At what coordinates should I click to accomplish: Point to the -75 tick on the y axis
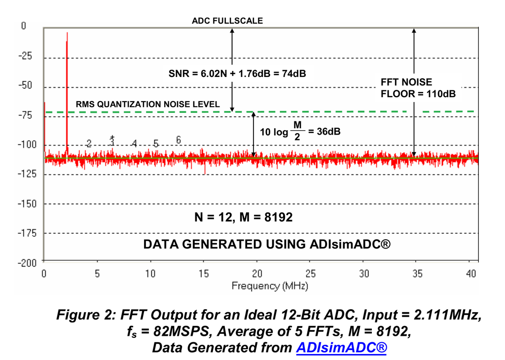[x=25, y=115]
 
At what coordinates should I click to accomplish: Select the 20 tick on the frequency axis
[x=256, y=273]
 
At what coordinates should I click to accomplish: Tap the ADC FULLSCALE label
[x=227, y=21]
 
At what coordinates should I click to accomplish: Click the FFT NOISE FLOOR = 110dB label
[x=418, y=88]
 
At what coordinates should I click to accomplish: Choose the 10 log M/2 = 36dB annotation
[x=301, y=132]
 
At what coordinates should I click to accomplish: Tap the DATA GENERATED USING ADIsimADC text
[x=267, y=244]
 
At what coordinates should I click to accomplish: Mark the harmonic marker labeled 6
[x=179, y=140]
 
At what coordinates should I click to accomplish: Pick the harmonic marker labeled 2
[x=89, y=144]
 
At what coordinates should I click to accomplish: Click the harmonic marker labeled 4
[x=134, y=144]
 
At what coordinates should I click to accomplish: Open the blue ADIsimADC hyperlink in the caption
[x=341, y=347]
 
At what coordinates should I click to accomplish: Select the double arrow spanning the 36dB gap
[x=253, y=135]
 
